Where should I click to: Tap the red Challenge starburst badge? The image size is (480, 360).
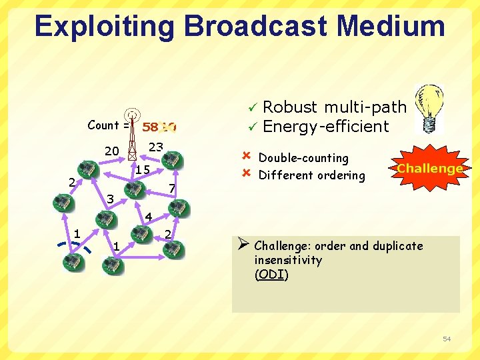(429, 168)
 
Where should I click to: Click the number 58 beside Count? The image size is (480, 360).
(150, 127)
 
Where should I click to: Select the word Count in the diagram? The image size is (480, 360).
(103, 125)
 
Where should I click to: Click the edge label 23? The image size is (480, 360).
(155, 147)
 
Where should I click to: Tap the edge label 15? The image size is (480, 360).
(142, 170)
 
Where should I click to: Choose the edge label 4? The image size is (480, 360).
(149, 216)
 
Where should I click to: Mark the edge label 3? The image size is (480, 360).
(111, 199)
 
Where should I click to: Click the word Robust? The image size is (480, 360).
(290, 107)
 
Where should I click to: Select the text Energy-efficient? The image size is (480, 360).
(326, 126)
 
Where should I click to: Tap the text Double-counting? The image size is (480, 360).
(303, 158)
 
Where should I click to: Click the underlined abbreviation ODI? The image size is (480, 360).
(271, 274)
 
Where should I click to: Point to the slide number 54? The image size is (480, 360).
(447, 339)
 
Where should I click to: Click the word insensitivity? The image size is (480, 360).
(288, 260)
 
